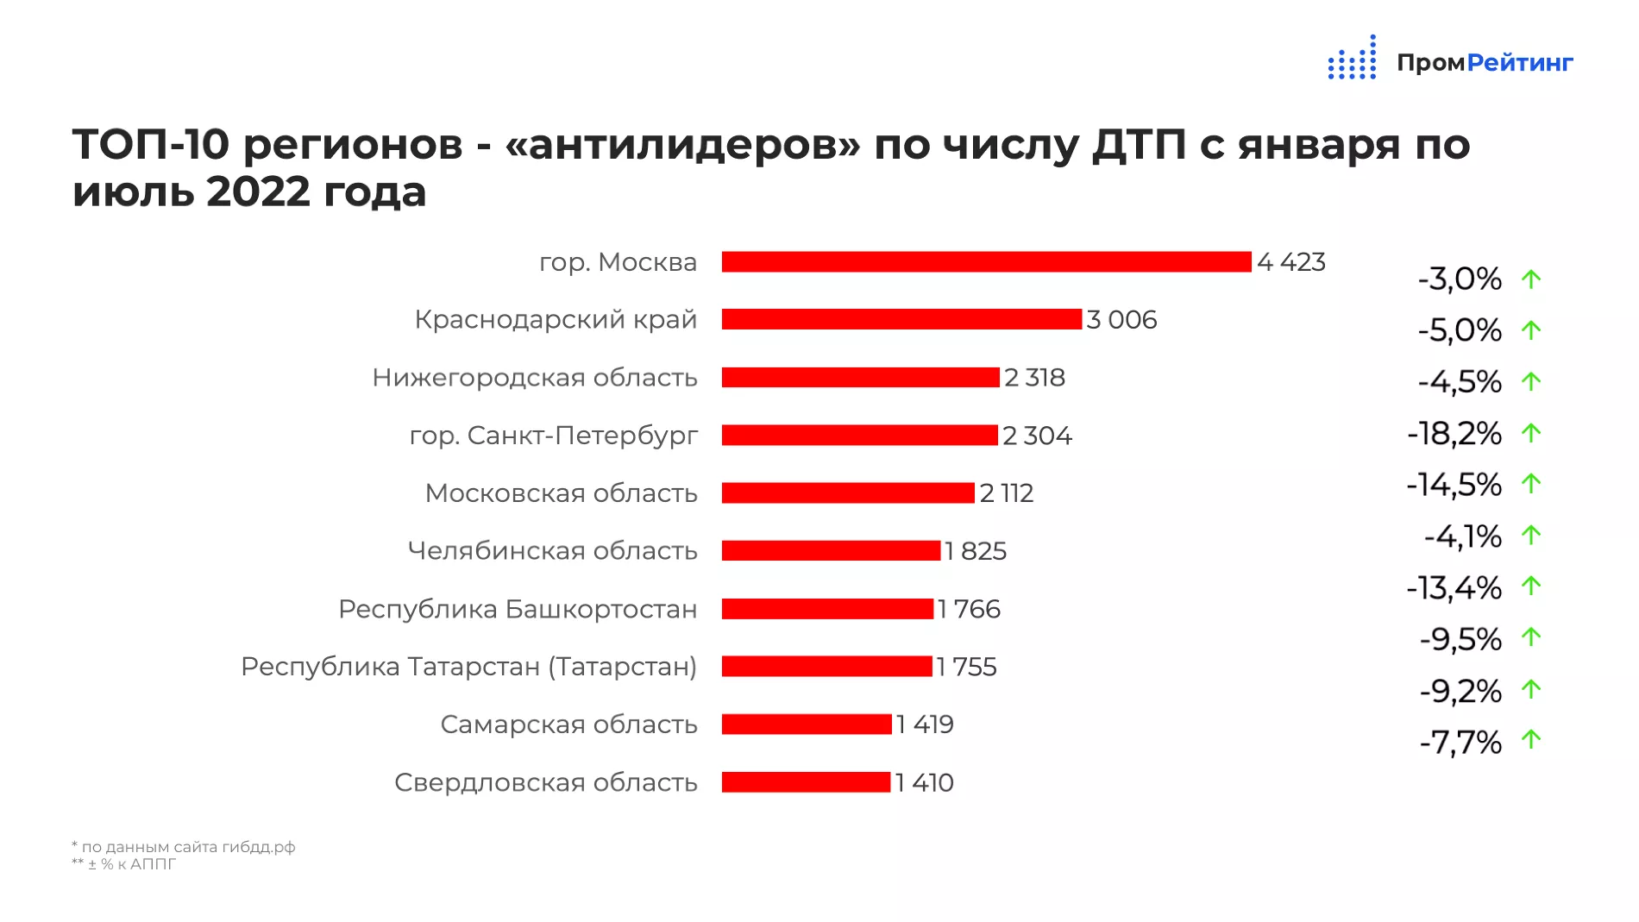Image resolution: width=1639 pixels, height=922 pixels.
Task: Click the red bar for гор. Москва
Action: (x=986, y=261)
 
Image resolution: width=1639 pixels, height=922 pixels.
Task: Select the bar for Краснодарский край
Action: (x=901, y=319)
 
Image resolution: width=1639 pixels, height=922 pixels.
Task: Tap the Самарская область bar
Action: (x=807, y=724)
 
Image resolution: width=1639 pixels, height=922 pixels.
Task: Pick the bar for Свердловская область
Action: (x=806, y=782)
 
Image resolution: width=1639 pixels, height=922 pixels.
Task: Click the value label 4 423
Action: (x=1290, y=261)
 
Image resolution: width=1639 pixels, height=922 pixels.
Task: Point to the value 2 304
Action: (x=1037, y=436)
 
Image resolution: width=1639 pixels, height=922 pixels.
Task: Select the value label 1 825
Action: (x=976, y=551)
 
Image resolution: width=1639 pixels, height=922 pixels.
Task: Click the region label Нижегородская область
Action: (x=535, y=378)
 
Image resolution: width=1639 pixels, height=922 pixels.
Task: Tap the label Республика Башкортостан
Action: (x=518, y=609)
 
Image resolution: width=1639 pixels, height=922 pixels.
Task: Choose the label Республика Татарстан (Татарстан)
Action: (x=468, y=667)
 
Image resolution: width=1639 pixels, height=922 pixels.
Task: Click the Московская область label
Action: (x=562, y=493)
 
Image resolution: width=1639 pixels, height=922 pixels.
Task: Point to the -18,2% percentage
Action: (x=1454, y=433)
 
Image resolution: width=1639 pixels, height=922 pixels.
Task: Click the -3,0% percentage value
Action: (x=1460, y=279)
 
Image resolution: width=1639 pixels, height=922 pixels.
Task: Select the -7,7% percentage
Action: (x=1460, y=742)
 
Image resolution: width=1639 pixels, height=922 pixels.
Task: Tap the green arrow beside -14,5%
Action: (x=1531, y=484)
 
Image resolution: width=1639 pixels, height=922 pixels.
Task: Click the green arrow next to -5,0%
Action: (x=1531, y=330)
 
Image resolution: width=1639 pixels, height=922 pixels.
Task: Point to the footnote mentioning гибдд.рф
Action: (x=184, y=847)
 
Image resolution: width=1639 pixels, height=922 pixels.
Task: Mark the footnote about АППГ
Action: (x=124, y=864)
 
